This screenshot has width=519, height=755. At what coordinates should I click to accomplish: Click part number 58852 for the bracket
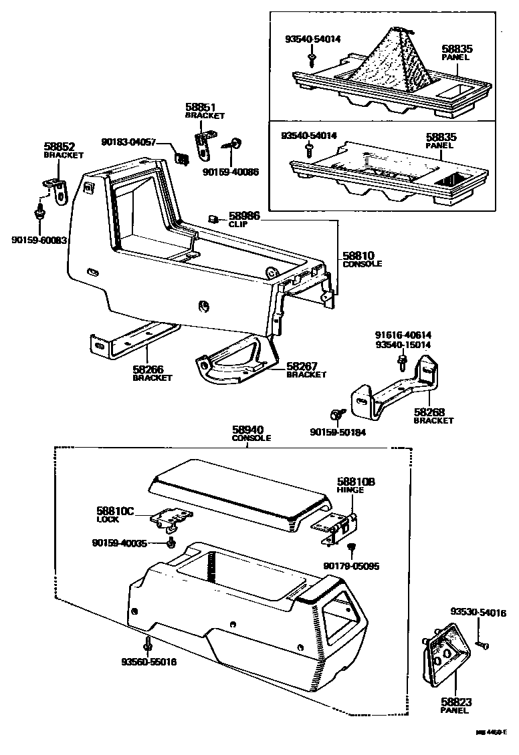(60, 146)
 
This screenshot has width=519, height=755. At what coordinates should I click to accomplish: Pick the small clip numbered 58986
(212, 218)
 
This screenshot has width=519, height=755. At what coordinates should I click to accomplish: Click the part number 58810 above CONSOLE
(358, 255)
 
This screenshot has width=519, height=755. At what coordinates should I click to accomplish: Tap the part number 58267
(302, 366)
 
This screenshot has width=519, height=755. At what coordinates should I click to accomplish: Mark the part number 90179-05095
(351, 566)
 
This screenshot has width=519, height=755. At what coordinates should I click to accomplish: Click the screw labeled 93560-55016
(147, 645)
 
